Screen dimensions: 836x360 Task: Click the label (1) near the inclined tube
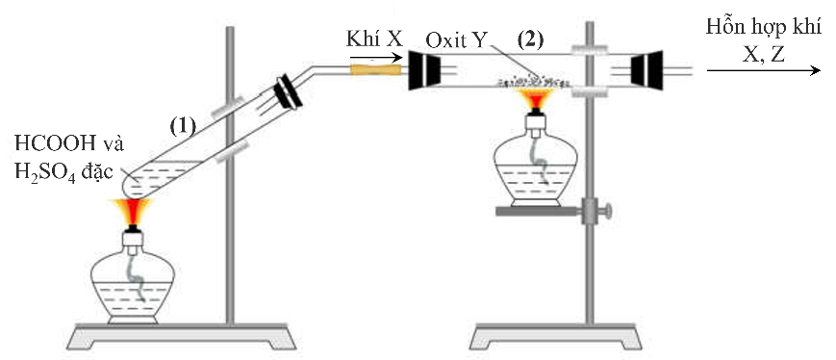[x=184, y=125]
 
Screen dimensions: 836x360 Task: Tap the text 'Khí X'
[x=372, y=40]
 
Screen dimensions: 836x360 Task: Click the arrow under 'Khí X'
[x=376, y=57]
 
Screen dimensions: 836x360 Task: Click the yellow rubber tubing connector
[x=376, y=69]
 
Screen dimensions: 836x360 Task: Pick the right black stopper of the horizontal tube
[x=645, y=70]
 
